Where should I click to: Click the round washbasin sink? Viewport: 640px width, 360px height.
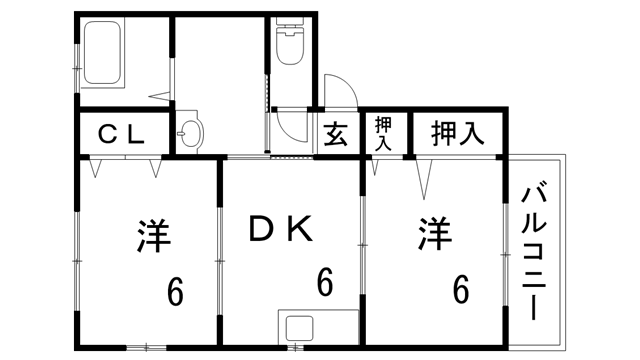189,132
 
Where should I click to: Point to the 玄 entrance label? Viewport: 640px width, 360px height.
335,135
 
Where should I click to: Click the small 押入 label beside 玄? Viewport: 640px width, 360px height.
384,134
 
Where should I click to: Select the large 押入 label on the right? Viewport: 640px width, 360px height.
458,134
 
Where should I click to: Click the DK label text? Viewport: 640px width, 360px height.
282,232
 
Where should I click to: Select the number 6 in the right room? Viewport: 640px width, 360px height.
460,289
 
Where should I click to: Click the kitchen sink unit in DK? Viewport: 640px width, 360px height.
301,326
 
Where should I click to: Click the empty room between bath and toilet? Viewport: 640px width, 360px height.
220,60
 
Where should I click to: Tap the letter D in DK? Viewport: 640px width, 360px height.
262,232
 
